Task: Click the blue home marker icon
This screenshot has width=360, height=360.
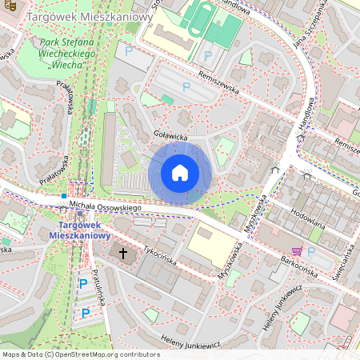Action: [180, 172]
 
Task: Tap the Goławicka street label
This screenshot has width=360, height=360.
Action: [170, 137]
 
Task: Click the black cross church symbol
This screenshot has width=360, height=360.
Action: [124, 253]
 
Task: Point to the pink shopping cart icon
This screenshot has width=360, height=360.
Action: [297, 250]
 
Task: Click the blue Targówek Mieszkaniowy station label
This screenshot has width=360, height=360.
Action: [78, 230]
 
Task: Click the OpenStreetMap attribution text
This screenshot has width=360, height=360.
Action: [81, 354]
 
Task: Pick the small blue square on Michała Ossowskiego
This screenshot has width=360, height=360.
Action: [63, 196]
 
